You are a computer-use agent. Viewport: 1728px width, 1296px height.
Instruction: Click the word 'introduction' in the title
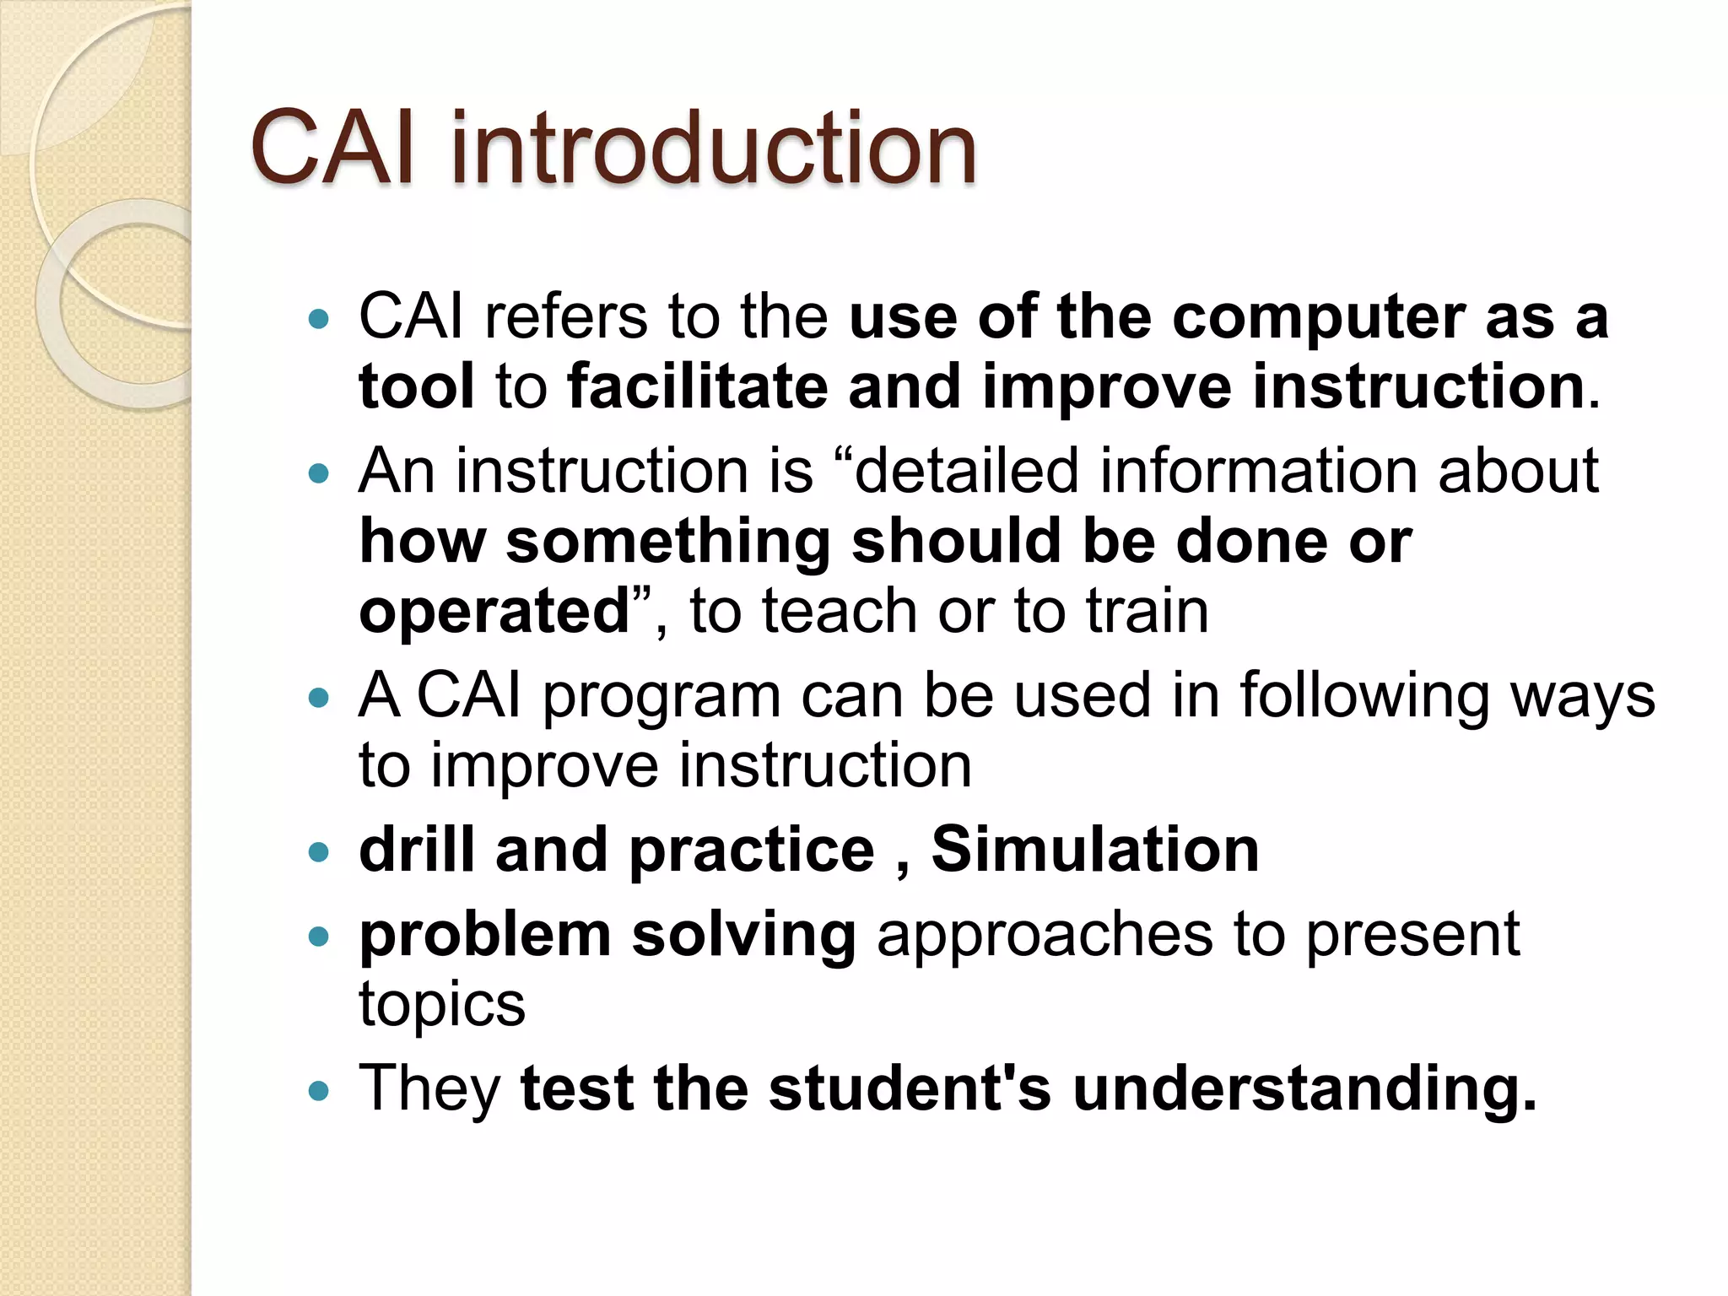pos(713,149)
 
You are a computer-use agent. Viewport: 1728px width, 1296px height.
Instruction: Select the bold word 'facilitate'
pos(697,387)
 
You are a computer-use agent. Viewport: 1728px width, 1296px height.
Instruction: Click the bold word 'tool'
pos(416,387)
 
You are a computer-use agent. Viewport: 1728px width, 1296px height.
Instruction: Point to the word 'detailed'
pos(967,471)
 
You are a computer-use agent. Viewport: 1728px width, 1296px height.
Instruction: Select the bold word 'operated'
pos(495,613)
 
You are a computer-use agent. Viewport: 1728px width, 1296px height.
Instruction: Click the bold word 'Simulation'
pos(1094,850)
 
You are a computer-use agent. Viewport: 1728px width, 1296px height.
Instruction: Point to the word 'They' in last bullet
pos(429,1089)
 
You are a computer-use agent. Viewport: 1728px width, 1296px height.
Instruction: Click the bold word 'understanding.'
pos(1304,1089)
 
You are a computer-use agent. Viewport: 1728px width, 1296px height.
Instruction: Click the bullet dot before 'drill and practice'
pos(318,852)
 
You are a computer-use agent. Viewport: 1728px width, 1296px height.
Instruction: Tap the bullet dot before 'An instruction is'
pos(318,474)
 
